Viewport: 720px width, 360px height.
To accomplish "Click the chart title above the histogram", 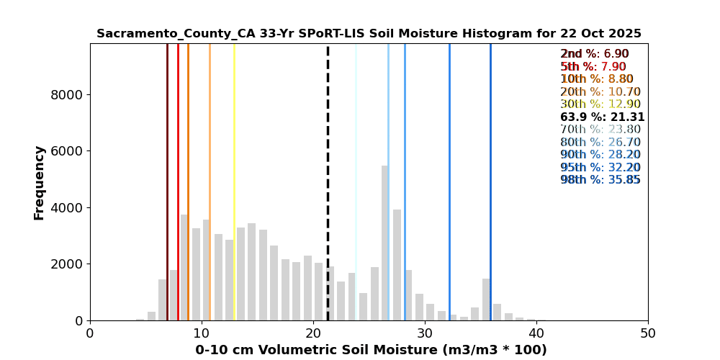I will click(369, 34).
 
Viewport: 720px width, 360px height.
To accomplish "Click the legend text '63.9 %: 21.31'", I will click(602, 117).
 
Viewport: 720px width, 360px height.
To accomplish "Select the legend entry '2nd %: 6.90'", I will click(595, 54).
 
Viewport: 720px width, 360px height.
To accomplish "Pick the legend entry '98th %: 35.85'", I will click(600, 180).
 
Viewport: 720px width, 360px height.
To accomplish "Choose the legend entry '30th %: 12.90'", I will click(600, 104).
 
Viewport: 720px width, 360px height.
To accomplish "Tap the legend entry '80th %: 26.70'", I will click(600, 143).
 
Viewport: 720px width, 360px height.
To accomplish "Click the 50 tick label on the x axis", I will click(648, 333).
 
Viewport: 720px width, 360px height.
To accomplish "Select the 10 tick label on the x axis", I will click(202, 333).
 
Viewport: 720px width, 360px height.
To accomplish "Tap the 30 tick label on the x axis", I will click(425, 333).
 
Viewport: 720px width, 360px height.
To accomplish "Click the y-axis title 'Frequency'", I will click(39, 182).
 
